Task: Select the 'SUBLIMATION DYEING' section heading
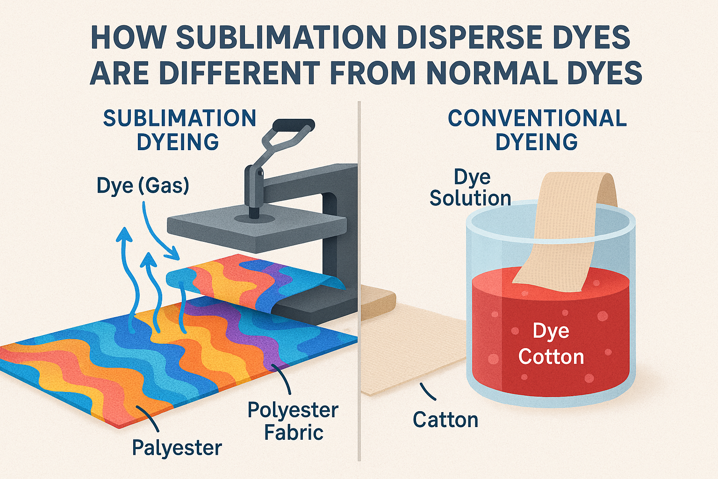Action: (x=179, y=130)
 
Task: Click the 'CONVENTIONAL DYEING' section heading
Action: (x=537, y=130)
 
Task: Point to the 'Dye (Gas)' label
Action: (x=143, y=186)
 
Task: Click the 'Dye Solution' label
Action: (x=470, y=188)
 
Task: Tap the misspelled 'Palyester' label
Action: (x=177, y=448)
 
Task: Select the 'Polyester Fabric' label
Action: (x=293, y=421)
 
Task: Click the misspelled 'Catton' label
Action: (x=445, y=420)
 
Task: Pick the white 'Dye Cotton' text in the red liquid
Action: (x=551, y=344)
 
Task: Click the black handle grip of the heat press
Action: (x=293, y=125)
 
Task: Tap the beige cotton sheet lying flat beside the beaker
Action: (x=411, y=351)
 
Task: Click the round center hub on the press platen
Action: (x=253, y=218)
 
